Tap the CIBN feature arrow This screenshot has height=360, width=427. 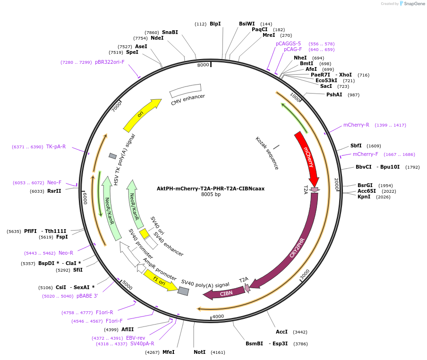tap(225, 293)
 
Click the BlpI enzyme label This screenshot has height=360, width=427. tap(215, 24)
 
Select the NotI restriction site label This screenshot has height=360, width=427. tap(200, 352)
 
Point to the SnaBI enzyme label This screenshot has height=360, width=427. tap(170, 32)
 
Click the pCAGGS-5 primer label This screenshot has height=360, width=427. tap(288, 43)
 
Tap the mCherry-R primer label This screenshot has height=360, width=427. tap(356, 125)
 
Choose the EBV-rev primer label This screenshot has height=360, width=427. tap(135, 338)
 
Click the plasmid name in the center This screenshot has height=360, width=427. tap(211, 188)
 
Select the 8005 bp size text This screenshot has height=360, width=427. tap(211, 194)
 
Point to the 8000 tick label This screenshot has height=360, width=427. tap(203, 65)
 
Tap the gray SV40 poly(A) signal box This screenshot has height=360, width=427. tap(183, 291)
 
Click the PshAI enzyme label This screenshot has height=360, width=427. tap(334, 94)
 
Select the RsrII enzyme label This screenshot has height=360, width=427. tap(54, 191)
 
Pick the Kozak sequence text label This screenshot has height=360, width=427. tap(267, 153)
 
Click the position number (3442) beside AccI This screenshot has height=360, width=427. tap(300, 332)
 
